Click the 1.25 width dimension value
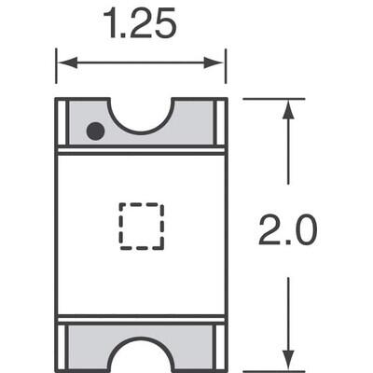click(x=140, y=23)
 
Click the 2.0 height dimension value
click(x=287, y=230)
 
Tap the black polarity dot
click(x=94, y=131)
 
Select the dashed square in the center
click(x=141, y=226)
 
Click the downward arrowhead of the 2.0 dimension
click(x=287, y=360)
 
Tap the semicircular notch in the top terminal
click(x=141, y=114)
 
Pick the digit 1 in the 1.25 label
click(x=110, y=23)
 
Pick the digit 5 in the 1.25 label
click(x=164, y=23)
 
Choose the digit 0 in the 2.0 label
click(x=304, y=230)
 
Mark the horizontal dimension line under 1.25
click(x=141, y=63)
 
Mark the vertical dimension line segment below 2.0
click(x=287, y=308)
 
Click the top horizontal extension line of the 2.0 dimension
click(x=275, y=98)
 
